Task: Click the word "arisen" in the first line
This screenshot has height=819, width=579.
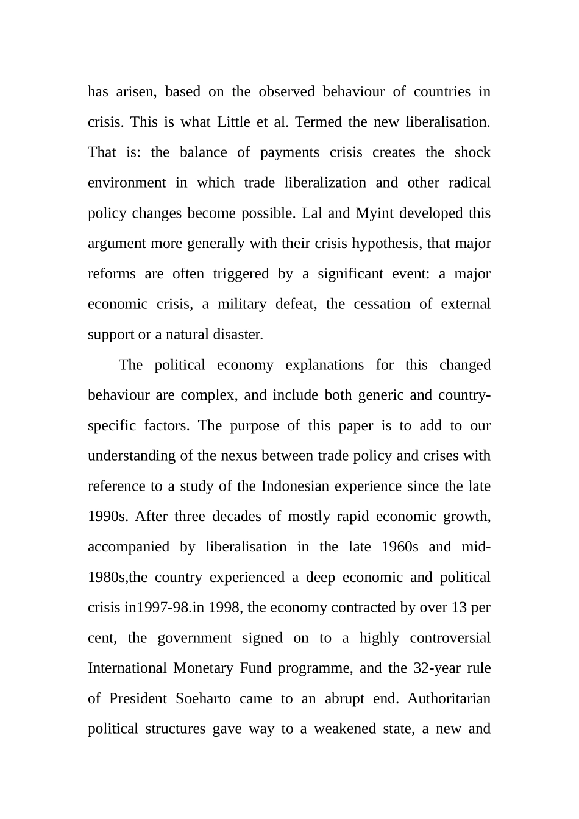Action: (137, 92)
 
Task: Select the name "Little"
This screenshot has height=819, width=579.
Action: (233, 122)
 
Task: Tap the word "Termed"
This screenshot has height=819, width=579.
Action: (319, 122)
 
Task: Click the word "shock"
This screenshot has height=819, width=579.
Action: (472, 152)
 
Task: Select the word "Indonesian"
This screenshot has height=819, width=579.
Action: (301, 486)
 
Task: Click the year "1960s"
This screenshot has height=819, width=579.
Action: (400, 547)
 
